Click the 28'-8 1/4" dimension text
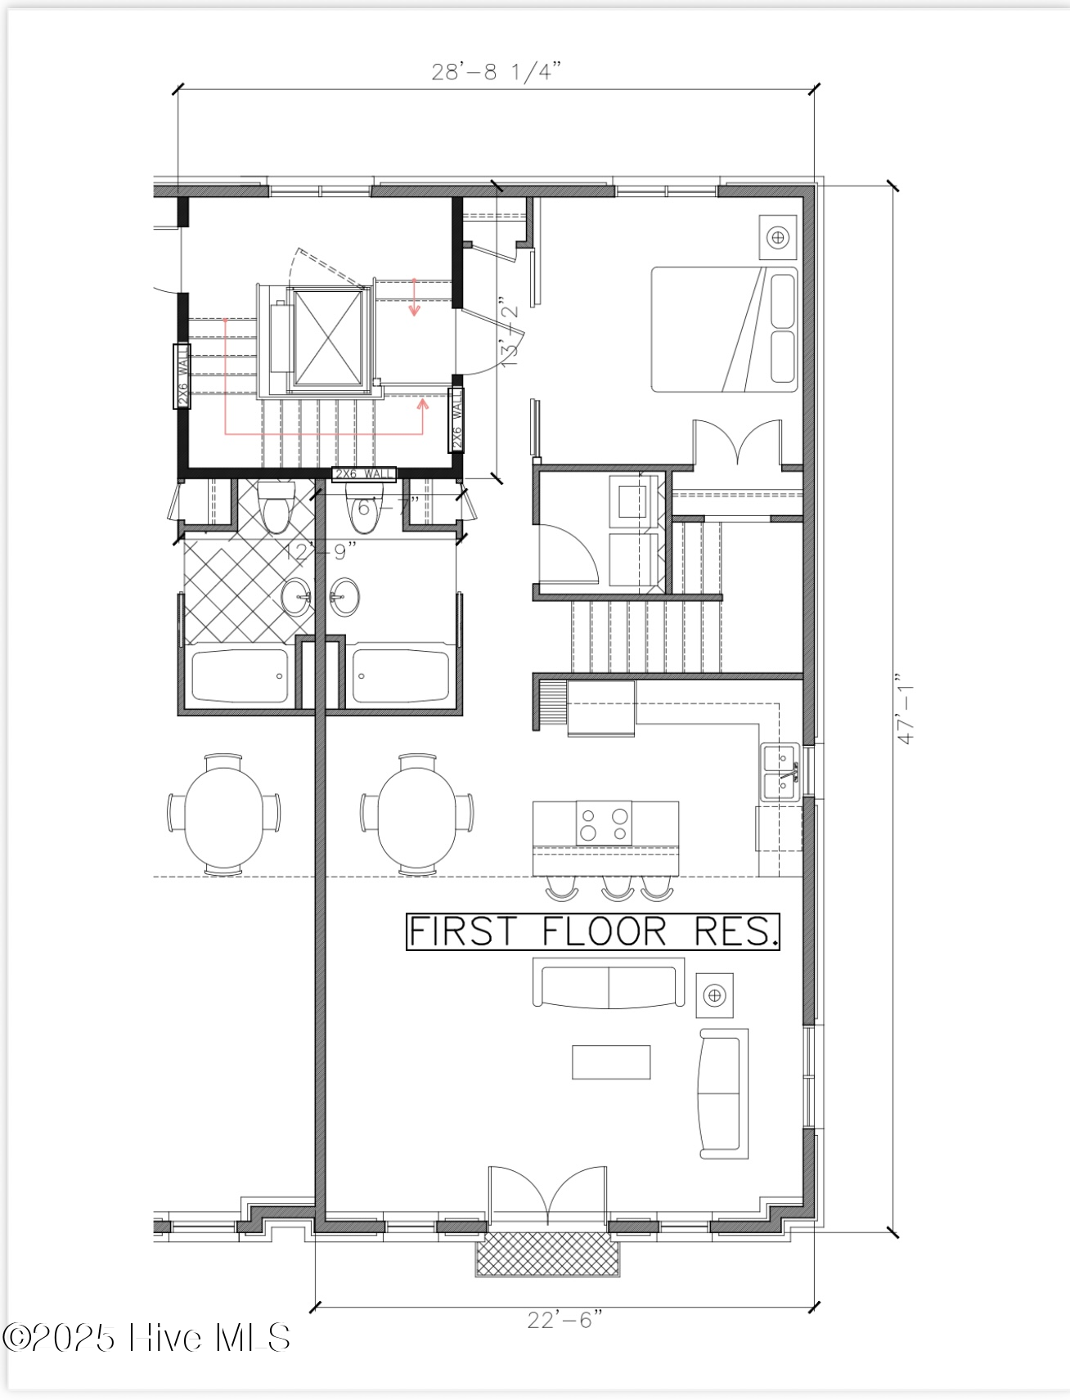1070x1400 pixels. (496, 72)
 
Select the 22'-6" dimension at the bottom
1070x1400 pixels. (564, 1320)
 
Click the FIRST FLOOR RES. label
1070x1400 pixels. (592, 931)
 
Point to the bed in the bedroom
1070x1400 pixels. (724, 329)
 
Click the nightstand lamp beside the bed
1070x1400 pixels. (777, 237)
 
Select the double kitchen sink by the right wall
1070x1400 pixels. (780, 773)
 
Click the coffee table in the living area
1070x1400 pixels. (610, 1061)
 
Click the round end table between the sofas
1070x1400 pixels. (714, 995)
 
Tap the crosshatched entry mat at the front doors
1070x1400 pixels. (547, 1254)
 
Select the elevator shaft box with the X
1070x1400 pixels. (327, 337)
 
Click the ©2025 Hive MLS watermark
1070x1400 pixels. (146, 1338)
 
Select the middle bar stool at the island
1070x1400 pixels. (618, 888)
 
